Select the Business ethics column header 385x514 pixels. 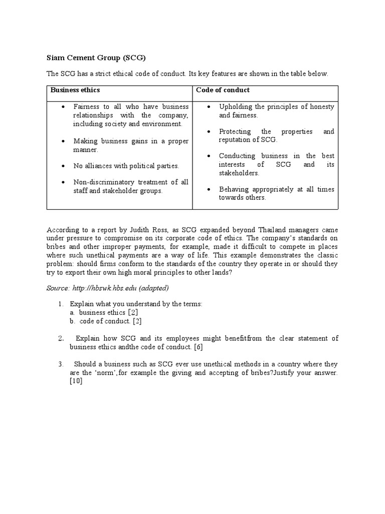[75, 90]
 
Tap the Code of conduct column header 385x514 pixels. [223, 90]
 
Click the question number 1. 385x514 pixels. [60, 304]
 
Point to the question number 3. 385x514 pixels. [60, 364]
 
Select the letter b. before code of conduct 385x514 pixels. [73, 321]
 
